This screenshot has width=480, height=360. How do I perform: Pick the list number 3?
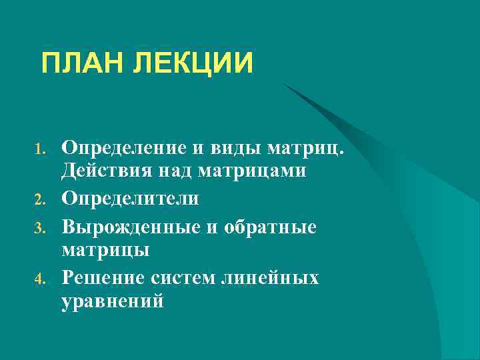(x=40, y=228)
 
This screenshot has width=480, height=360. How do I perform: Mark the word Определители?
(x=129, y=199)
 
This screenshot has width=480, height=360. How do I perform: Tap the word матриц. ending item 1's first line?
(x=308, y=147)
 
